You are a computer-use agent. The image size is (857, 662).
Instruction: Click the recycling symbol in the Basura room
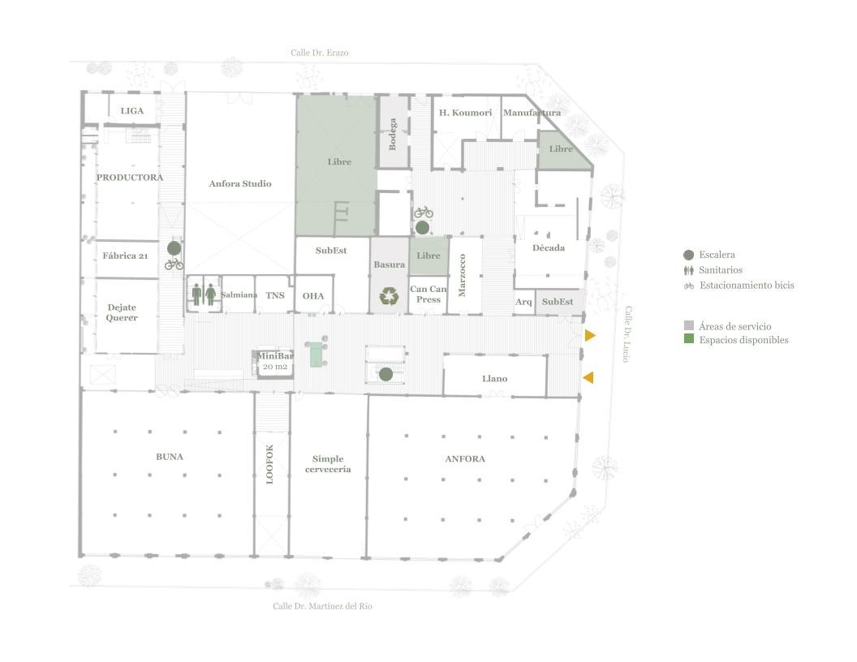pos(389,296)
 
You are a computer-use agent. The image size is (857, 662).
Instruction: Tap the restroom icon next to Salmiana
pos(204,294)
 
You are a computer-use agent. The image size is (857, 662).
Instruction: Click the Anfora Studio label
pos(240,183)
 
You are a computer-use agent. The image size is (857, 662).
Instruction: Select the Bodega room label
pos(393,135)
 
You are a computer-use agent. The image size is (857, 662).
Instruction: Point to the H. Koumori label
pos(465,113)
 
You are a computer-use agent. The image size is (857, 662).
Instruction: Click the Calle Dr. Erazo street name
pos(319,53)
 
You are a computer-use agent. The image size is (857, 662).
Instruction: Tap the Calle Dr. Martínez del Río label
pos(322,606)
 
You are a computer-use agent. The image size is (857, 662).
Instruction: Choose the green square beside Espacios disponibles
pos(689,338)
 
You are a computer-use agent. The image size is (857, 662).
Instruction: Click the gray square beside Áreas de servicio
pos(689,325)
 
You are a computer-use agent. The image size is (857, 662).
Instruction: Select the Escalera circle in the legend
pos(689,255)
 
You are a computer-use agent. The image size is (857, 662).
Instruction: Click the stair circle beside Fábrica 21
pos(174,248)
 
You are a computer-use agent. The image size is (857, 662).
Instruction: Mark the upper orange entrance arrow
pos(589,335)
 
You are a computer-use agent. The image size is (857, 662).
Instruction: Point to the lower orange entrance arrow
pos(588,377)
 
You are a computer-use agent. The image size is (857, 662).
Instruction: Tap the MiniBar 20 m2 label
pos(275,361)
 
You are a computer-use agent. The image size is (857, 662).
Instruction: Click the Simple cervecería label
pos(328,464)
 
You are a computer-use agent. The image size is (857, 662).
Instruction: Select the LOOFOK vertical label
pos(269,464)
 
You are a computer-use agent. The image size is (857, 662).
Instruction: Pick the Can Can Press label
pos(428,294)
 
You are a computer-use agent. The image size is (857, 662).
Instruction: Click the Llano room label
pos(494,379)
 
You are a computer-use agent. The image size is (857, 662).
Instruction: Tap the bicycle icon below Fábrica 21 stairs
pos(174,264)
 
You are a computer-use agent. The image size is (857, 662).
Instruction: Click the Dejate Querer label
pos(122,312)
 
